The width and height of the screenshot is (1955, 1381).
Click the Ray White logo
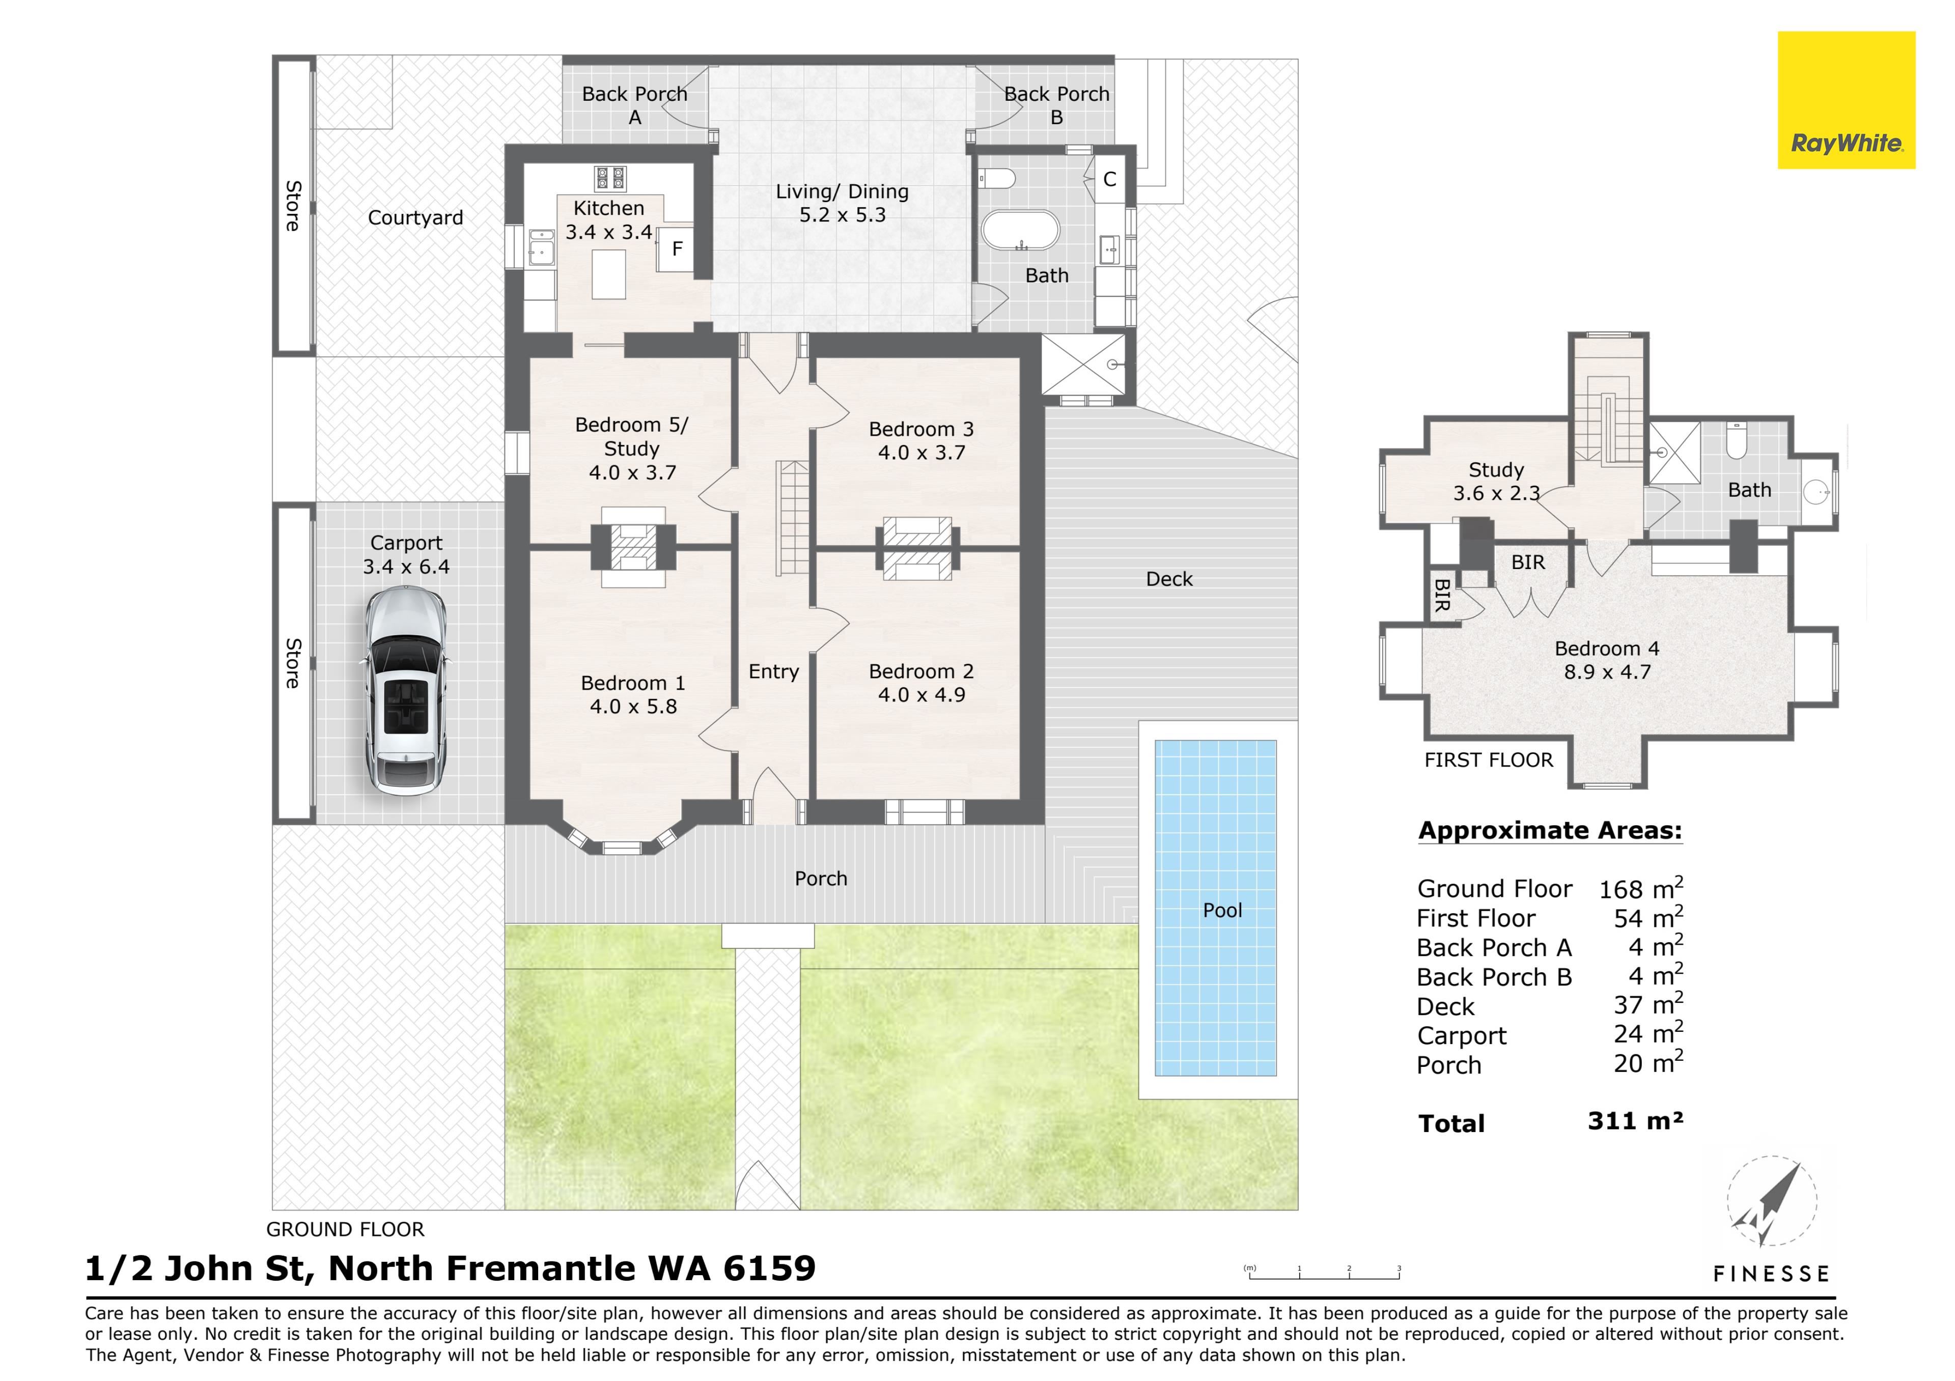[1846, 100]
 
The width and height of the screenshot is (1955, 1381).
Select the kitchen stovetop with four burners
[609, 179]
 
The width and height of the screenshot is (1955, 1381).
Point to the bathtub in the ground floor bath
[1020, 230]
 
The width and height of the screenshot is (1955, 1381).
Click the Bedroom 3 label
[921, 429]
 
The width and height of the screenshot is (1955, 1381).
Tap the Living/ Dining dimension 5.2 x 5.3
[842, 215]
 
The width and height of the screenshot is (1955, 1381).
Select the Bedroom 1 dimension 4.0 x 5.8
[633, 707]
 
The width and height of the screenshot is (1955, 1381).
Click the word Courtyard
[415, 218]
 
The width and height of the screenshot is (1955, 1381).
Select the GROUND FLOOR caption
[345, 1229]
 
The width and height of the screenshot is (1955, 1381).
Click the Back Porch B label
[1057, 105]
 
